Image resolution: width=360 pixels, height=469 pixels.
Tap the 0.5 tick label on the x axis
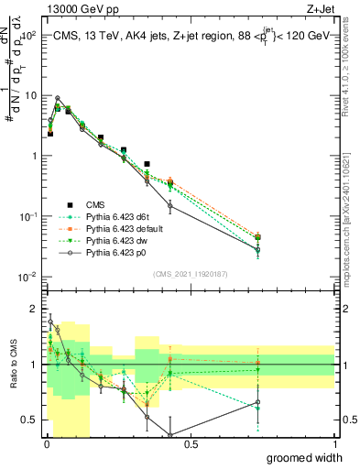(x=191, y=444)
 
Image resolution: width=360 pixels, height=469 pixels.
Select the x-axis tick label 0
(x=47, y=444)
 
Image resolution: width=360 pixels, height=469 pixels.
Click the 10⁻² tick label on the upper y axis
(x=28, y=277)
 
